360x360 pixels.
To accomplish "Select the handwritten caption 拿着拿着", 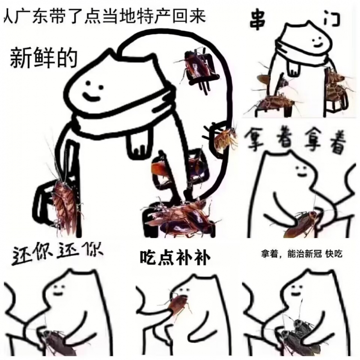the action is (296, 140).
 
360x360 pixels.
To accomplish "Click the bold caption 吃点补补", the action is (175, 258).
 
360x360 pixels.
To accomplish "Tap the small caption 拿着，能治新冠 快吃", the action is (301, 254).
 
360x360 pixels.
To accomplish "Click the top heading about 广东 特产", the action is (104, 17).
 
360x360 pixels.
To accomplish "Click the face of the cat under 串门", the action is (317, 41).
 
